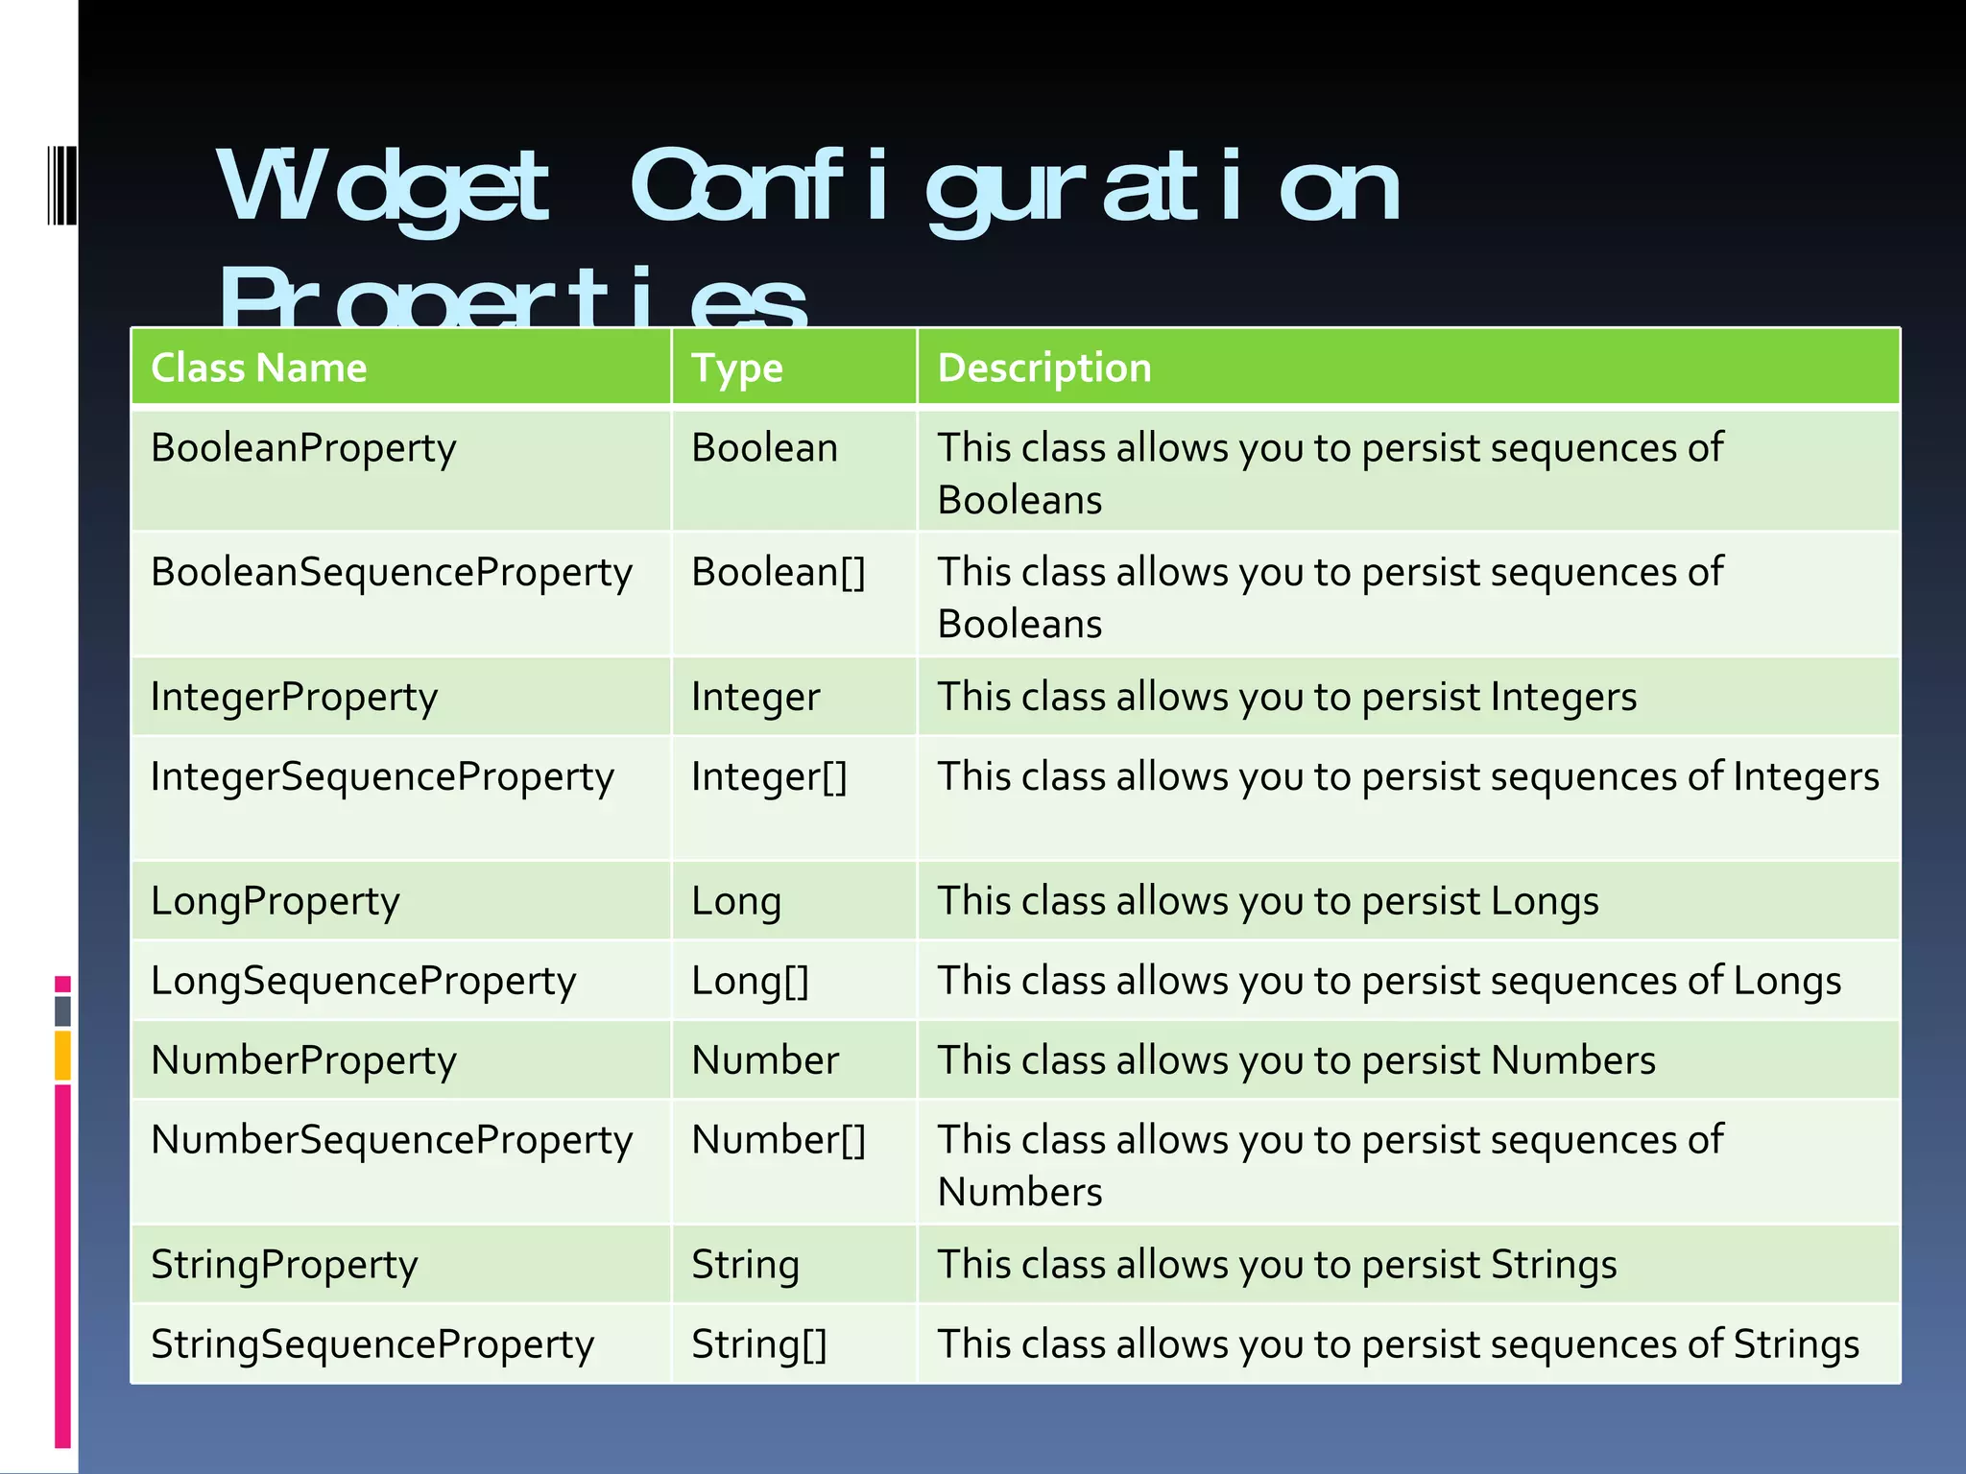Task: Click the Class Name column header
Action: click(259, 368)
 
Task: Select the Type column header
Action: click(737, 368)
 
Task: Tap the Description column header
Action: click(1044, 368)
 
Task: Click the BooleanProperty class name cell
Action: click(303, 449)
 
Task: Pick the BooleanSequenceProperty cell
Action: click(392, 573)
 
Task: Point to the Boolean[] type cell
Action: click(779, 573)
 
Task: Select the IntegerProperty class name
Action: click(294, 697)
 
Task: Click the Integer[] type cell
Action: click(769, 776)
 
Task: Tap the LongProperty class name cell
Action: click(275, 901)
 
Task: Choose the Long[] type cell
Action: click(750, 981)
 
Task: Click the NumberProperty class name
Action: click(303, 1060)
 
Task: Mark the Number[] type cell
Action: click(779, 1140)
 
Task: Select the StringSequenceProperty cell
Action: click(372, 1344)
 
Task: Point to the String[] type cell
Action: click(758, 1344)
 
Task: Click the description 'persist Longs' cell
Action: click(1267, 901)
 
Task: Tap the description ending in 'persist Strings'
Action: click(1277, 1265)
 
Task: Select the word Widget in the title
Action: click(384, 187)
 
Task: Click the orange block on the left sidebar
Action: click(62, 1055)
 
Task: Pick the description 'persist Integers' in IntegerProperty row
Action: click(1286, 697)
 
